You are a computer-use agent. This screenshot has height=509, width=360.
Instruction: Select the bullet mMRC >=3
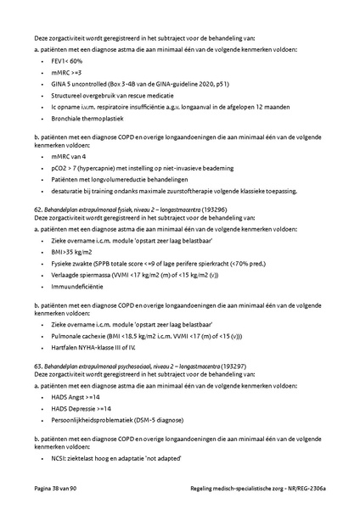tap(66, 73)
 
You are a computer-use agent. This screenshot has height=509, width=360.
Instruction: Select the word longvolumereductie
tap(114, 180)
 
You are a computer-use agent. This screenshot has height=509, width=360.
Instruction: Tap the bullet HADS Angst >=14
tap(76, 396)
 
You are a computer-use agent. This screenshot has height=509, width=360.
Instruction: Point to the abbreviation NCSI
tap(60, 458)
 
